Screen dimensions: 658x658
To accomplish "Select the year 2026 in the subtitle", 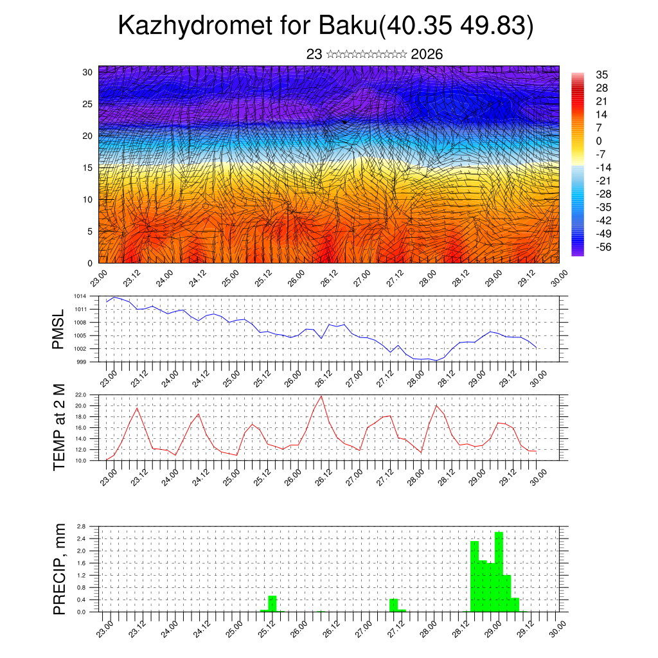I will click(427, 55).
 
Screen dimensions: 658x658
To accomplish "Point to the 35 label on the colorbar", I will click(601, 75).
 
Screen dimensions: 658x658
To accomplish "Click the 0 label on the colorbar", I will click(599, 141).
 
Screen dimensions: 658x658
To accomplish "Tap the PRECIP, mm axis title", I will click(58, 568).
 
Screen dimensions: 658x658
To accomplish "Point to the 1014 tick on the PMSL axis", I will click(80, 296).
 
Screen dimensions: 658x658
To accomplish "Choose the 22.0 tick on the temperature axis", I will click(80, 395).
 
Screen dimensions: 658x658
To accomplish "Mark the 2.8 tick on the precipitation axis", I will click(81, 526).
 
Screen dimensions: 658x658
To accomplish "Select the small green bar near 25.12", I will click(272, 604).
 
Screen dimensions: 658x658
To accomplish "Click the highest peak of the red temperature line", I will click(321, 396).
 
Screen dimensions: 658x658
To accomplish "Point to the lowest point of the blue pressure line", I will click(436, 360).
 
